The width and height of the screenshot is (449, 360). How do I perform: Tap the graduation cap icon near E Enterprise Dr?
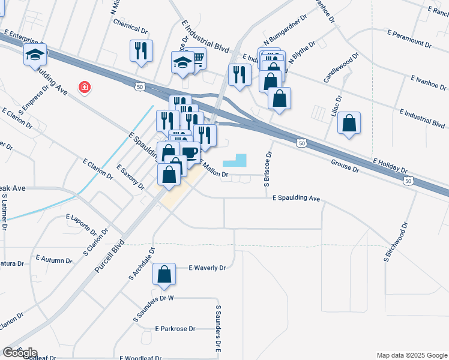pyautogui.click(x=35, y=55)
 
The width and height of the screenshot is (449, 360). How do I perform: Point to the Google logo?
pyautogui.click(x=20, y=353)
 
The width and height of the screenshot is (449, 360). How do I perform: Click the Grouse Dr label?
pyautogui.click(x=345, y=166)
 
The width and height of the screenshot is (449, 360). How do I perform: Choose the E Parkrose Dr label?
pyautogui.click(x=175, y=329)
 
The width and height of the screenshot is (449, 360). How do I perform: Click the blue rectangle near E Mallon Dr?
pyautogui.click(x=235, y=160)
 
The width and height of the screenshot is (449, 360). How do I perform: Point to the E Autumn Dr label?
pyautogui.click(x=54, y=259)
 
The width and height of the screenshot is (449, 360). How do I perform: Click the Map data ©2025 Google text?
pyautogui.click(x=411, y=355)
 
